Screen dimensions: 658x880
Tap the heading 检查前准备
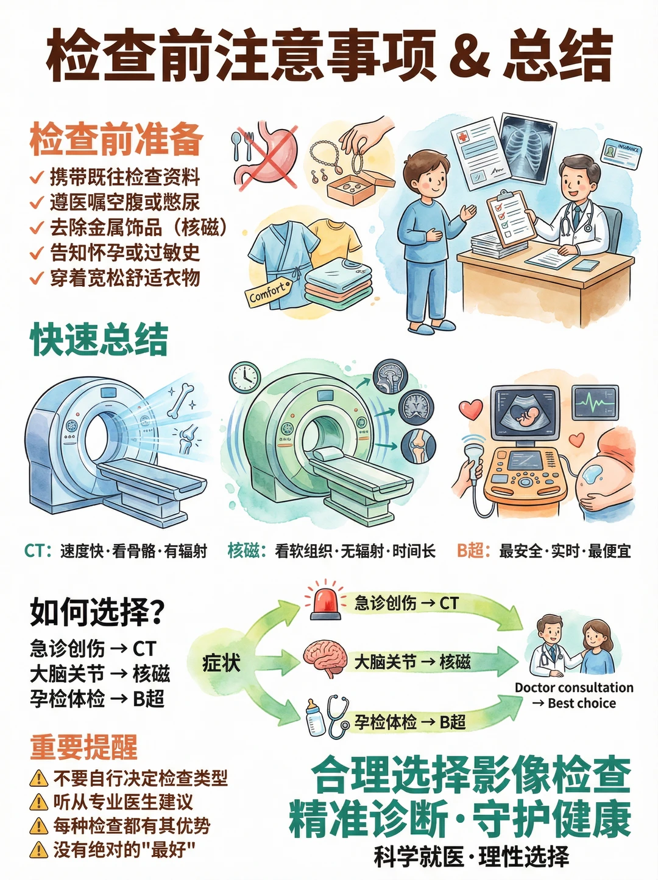(x=116, y=139)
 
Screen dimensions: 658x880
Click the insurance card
(x=621, y=153)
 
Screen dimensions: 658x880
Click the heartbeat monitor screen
(x=595, y=402)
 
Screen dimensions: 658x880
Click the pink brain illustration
(x=325, y=657)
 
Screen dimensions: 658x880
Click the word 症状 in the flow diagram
(x=221, y=663)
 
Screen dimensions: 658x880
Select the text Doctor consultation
(x=574, y=688)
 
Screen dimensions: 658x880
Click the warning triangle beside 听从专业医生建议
(x=39, y=801)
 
